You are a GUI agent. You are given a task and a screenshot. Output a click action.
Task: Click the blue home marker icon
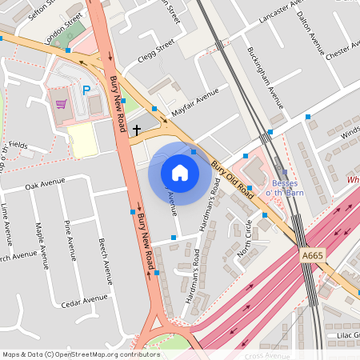coord(180,172)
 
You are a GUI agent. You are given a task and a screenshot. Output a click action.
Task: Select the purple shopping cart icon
coord(61,103)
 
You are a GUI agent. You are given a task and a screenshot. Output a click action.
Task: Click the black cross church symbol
coord(137,128)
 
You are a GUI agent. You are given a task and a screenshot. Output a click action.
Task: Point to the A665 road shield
coord(313,255)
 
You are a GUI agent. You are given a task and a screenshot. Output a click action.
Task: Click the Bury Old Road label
coord(232,181)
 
